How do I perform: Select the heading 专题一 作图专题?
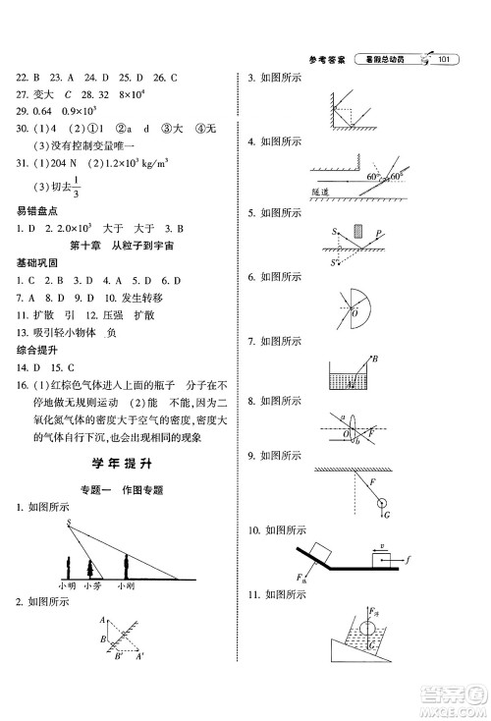coord(122,489)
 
